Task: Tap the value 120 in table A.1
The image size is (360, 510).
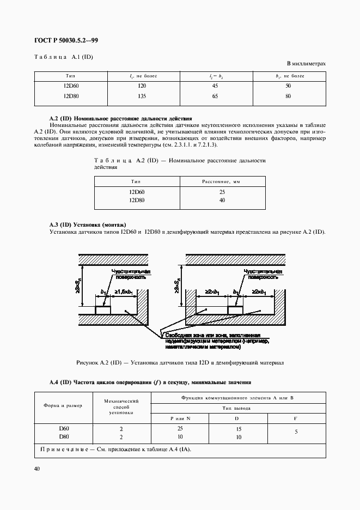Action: [142, 87]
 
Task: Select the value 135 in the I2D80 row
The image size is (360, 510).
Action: [142, 96]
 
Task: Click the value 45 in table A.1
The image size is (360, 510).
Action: [215, 87]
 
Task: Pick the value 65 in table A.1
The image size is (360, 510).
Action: [215, 96]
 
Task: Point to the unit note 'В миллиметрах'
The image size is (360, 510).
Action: [306, 64]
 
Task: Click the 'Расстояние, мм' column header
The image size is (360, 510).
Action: [222, 182]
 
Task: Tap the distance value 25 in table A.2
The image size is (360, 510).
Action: [222, 192]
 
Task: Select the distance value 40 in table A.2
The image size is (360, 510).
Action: [222, 201]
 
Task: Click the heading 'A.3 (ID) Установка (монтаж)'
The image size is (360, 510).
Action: [87, 224]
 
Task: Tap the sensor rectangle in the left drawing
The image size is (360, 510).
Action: [103, 309]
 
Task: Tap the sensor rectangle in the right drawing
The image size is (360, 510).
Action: [235, 309]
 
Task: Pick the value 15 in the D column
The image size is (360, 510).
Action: [238, 429]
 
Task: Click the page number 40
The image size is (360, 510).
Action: [38, 469]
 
